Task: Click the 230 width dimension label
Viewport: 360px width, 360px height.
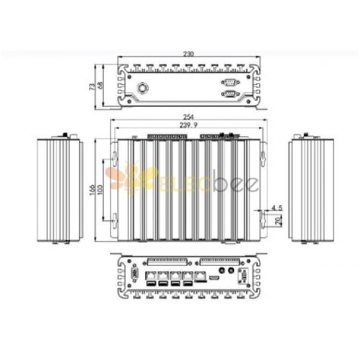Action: coord(187,53)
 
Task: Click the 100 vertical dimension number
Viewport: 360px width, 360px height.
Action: coord(101,187)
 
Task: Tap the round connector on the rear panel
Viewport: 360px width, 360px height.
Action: coord(142,87)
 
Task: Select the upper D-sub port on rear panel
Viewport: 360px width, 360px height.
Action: coord(227,81)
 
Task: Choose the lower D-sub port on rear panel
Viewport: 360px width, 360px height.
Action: coord(227,93)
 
